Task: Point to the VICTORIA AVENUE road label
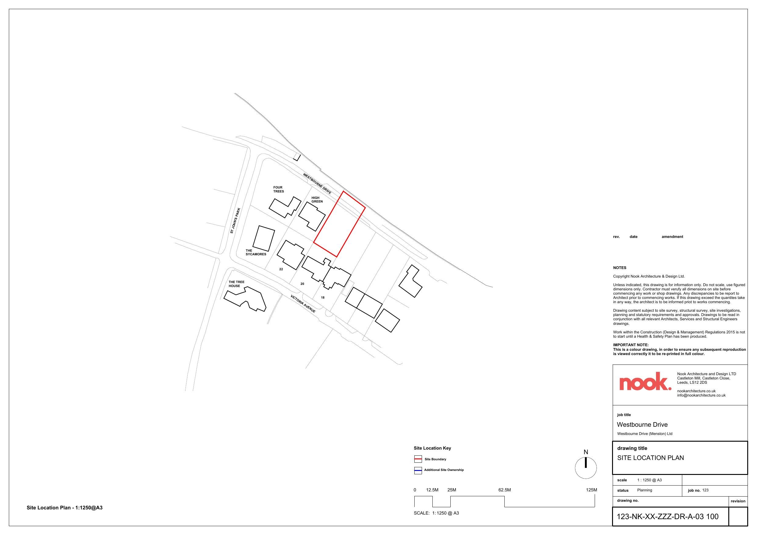pos(303,303)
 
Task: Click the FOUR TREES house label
pos(278,189)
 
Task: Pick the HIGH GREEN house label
pos(317,200)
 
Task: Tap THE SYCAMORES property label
pos(255,252)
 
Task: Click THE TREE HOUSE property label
pos(236,284)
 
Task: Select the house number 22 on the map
pos(281,269)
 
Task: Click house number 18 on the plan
pos(323,297)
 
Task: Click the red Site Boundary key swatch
pos(418,459)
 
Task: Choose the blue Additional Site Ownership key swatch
pos(418,470)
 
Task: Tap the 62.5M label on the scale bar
pos(504,490)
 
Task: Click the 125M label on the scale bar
pos(591,490)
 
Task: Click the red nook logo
pos(645,381)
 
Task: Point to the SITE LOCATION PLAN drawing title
pos(650,458)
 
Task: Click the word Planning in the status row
pos(645,490)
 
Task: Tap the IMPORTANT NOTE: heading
pos(630,345)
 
